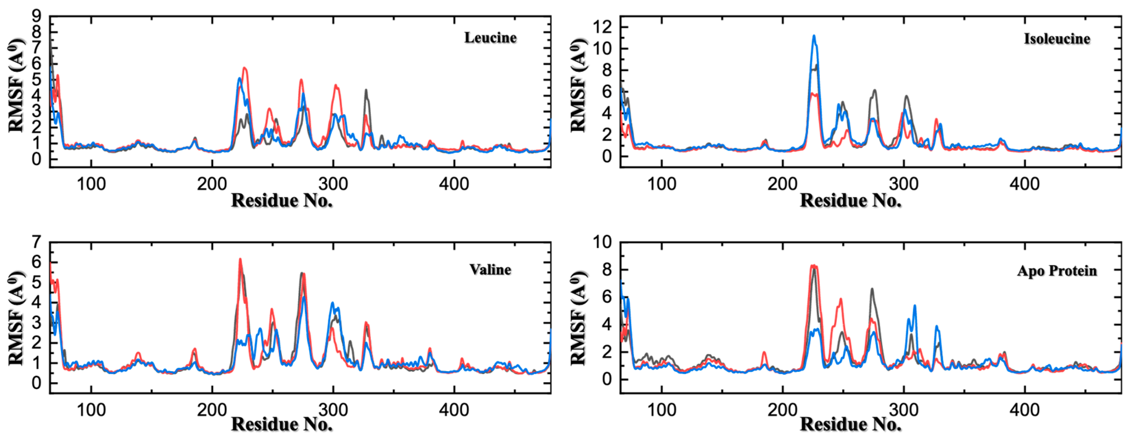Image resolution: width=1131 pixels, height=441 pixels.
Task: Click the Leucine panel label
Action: [490, 38]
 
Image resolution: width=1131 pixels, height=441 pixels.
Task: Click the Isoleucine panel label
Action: [1057, 39]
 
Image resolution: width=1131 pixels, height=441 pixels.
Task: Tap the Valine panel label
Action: [490, 269]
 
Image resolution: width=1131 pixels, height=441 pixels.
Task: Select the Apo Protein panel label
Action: [1057, 271]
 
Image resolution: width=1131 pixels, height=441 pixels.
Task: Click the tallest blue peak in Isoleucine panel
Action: [814, 36]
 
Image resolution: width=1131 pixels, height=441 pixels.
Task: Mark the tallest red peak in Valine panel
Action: [240, 260]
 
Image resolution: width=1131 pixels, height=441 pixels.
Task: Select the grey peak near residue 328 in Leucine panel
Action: [366, 90]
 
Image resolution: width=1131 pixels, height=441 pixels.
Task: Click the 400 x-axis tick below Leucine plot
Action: [454, 184]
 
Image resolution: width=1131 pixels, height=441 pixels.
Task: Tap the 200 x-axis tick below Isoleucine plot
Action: [783, 184]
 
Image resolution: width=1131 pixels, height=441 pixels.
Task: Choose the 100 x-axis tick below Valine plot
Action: [91, 410]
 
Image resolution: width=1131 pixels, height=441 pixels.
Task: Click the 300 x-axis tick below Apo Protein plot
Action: [903, 410]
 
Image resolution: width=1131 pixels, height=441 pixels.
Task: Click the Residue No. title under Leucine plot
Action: [282, 201]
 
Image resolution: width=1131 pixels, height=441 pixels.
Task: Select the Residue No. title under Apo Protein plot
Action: [850, 424]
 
